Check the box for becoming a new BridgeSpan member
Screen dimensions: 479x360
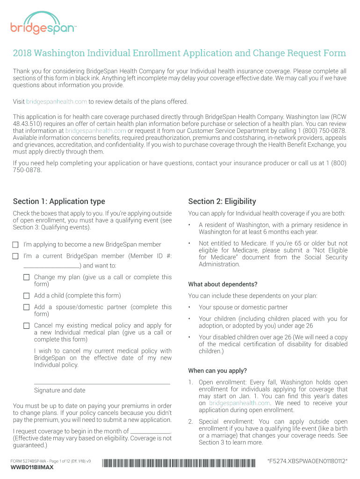(15, 245)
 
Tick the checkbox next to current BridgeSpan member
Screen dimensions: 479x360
(15, 256)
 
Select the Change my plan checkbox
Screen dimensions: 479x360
(27, 277)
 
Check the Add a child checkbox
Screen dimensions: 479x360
(27, 296)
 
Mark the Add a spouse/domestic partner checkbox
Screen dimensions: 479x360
(27, 307)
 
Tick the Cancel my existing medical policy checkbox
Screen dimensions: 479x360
(27, 326)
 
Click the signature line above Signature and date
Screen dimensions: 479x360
(102, 383)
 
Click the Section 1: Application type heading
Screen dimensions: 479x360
(59, 202)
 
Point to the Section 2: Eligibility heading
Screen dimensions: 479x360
(222, 202)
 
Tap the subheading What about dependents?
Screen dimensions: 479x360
(223, 284)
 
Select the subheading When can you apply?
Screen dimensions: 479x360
(217, 371)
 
